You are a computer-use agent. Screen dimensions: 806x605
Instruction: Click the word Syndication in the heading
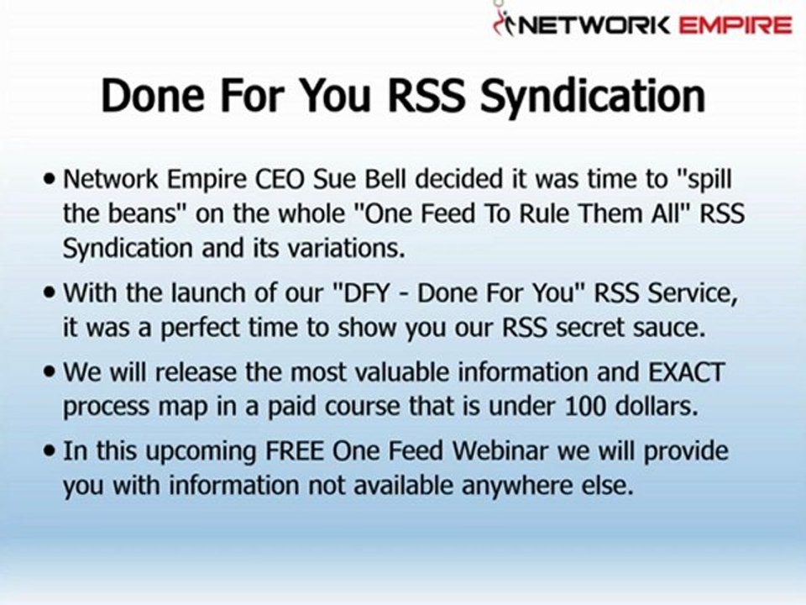[593, 96]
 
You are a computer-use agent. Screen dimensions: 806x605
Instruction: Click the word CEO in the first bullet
[280, 179]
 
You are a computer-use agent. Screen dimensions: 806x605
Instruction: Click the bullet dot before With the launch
[50, 293]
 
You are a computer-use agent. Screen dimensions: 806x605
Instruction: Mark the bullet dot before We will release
[50, 372]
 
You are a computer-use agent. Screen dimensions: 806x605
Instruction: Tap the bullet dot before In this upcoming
[50, 451]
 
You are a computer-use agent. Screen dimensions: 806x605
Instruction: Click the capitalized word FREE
[295, 450]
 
